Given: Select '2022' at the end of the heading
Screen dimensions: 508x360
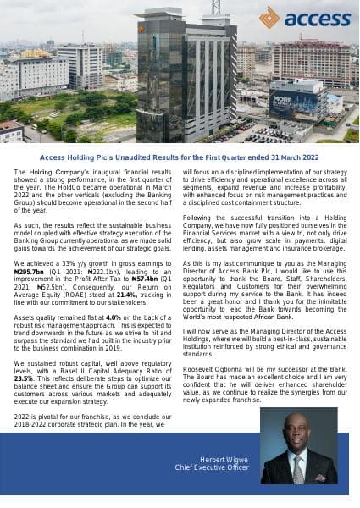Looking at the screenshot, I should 305,157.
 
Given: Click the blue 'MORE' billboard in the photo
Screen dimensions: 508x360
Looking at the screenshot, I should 286,101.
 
